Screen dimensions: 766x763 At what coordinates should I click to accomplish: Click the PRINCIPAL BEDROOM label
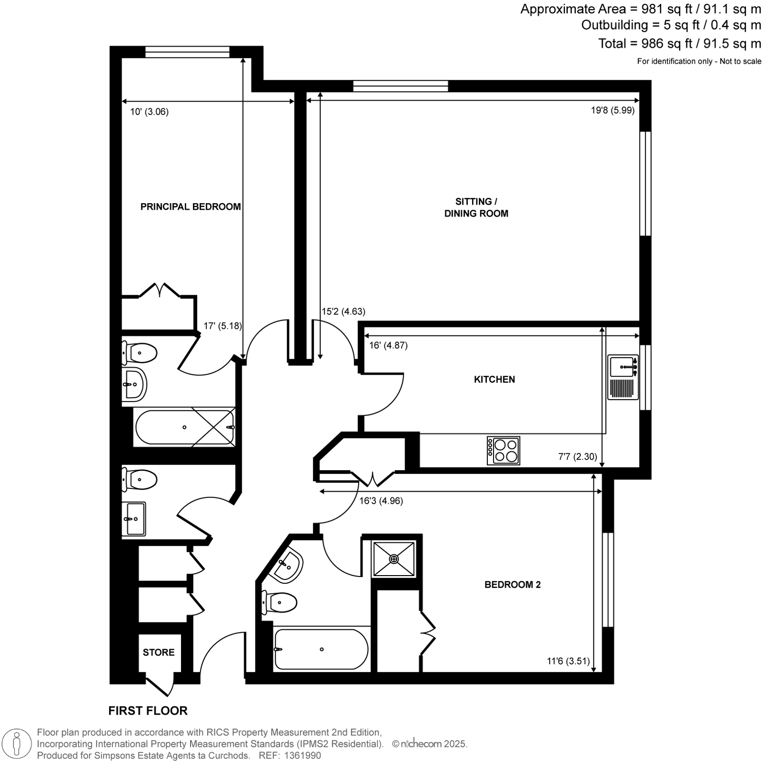(191, 207)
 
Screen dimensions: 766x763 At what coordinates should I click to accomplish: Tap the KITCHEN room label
(495, 379)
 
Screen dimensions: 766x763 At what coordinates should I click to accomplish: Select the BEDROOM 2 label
(512, 584)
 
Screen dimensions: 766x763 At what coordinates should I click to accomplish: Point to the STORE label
(158, 652)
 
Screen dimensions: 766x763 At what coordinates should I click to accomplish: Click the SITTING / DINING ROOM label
(476, 208)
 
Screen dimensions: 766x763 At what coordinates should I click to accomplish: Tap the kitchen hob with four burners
(503, 450)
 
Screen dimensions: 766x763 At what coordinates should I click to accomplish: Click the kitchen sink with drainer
(623, 377)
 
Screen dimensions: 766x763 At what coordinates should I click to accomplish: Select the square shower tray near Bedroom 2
(394, 559)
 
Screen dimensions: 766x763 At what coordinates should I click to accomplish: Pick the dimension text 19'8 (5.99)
(612, 110)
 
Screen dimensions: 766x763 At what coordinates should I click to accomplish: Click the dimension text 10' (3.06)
(149, 112)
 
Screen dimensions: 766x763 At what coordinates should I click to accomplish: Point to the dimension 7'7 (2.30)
(578, 457)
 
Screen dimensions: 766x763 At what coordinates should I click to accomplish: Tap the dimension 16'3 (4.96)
(381, 501)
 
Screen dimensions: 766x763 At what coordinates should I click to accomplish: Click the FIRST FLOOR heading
(148, 711)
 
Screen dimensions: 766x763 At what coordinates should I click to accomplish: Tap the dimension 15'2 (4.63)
(343, 312)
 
